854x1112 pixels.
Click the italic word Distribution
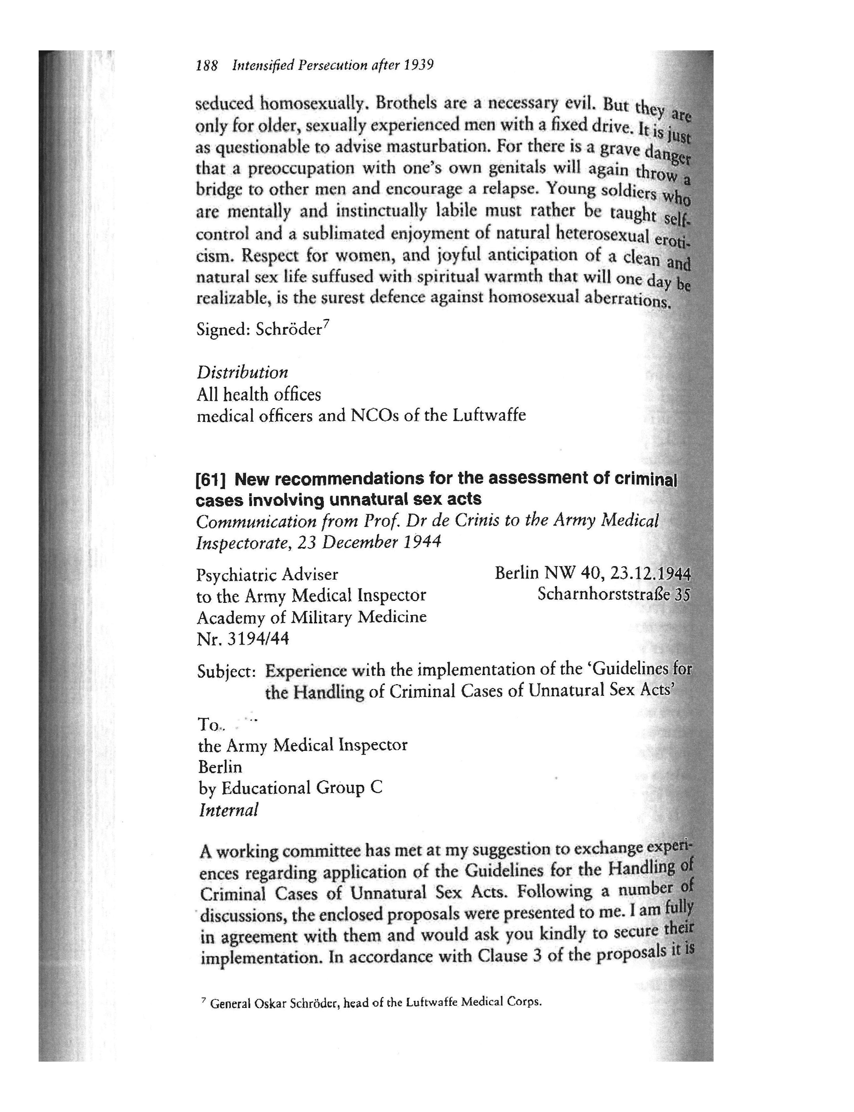tap(243, 372)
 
